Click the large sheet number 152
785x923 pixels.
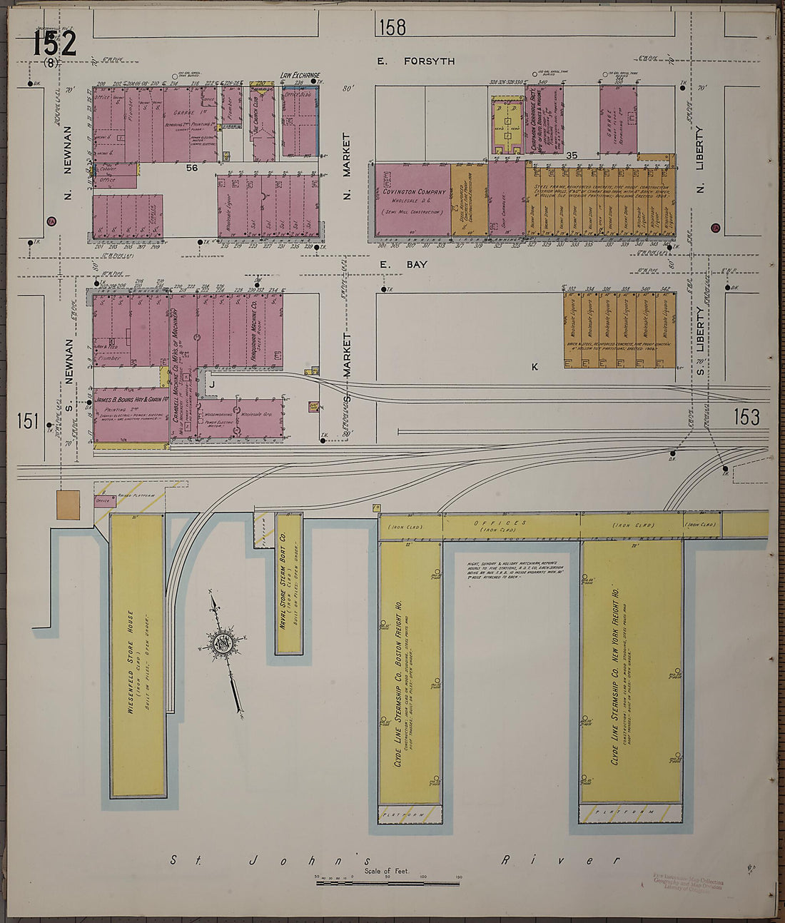(x=54, y=44)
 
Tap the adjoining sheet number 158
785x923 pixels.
(x=392, y=27)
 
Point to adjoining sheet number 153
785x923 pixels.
(x=746, y=416)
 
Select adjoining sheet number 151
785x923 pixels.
(x=27, y=420)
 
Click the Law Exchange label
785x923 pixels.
(x=300, y=74)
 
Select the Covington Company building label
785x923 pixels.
(x=414, y=192)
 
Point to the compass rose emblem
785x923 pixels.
(x=223, y=643)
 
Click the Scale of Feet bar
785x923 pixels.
(x=388, y=883)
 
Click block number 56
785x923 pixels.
(x=191, y=168)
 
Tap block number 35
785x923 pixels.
(x=571, y=155)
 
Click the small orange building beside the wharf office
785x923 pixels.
(x=69, y=504)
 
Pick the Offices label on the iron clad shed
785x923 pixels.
(x=510, y=523)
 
